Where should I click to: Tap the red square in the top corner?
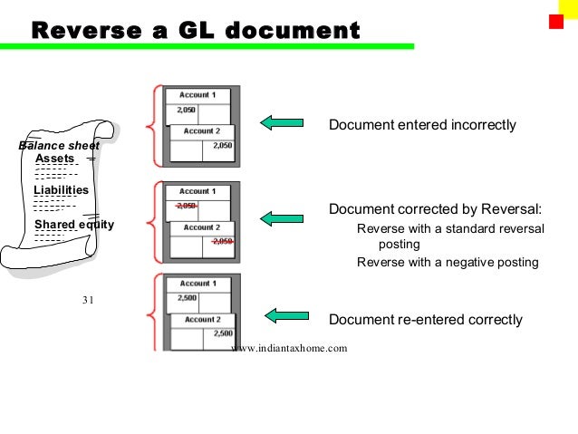pos(556,20)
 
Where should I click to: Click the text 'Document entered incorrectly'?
pos(421,124)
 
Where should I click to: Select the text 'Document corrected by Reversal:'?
pos(435,209)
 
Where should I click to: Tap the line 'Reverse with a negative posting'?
pos(448,263)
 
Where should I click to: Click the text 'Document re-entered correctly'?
pos(425,320)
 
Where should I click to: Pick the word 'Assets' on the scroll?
pos(54,159)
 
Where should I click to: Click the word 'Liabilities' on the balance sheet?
pos(61,190)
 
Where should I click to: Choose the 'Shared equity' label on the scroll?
pos(74,225)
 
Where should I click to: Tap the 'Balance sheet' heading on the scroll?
pos(59,145)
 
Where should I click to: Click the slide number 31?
pos(88,301)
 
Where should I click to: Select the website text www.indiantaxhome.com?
pos(289,347)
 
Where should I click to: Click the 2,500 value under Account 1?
pos(187,298)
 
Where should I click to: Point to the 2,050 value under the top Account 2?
pos(222,145)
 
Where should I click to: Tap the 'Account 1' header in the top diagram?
pos(197,95)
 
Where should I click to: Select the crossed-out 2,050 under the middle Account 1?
pos(187,206)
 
